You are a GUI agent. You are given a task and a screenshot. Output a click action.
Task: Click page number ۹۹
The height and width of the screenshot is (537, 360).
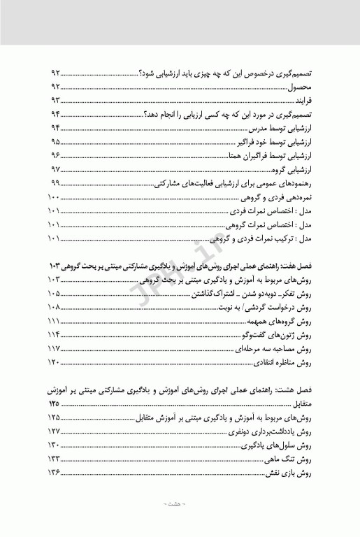(55, 184)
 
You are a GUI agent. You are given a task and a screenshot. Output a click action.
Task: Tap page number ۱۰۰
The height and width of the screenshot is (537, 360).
(53, 198)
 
